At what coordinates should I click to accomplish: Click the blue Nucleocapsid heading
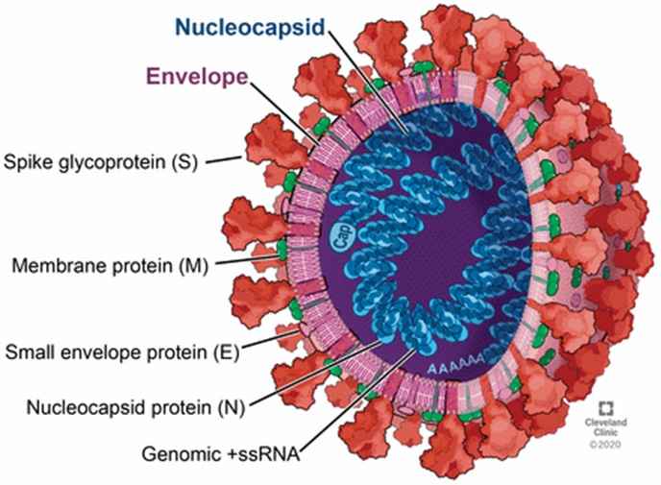coord(250,28)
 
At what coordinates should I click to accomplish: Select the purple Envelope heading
coord(197,77)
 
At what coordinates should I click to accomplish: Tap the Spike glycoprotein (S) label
coord(100,162)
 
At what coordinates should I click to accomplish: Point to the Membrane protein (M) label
coord(110,266)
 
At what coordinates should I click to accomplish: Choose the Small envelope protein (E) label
coord(122,352)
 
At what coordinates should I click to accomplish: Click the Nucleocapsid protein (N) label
coord(135,407)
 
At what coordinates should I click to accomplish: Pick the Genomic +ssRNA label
coord(221,454)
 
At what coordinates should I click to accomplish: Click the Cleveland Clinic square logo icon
coord(606,408)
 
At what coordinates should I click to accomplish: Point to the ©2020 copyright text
coord(605,444)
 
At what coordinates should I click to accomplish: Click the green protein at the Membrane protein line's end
coord(282,250)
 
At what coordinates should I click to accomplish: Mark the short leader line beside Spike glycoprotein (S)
coord(224,159)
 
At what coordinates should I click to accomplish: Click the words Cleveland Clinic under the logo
coord(606,426)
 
